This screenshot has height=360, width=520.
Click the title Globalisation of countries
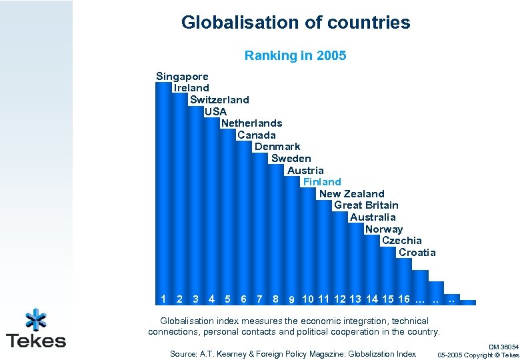tap(295, 23)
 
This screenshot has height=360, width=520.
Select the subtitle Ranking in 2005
tap(295, 55)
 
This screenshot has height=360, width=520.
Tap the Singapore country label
tap(182, 77)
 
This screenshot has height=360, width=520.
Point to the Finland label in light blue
tap(322, 181)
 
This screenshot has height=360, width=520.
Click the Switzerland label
tap(219, 100)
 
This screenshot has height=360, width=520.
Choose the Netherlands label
tap(251, 123)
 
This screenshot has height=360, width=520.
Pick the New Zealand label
tap(351, 194)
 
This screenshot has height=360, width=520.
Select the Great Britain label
tap(366, 205)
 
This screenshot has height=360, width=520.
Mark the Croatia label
tap(417, 253)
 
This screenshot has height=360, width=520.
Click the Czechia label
tap(401, 241)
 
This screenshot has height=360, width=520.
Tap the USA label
tap(215, 112)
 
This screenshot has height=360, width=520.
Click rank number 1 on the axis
tap(163, 298)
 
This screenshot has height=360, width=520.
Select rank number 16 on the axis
tap(403, 298)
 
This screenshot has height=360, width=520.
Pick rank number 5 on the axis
tap(227, 298)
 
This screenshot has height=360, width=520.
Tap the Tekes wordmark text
tap(36, 341)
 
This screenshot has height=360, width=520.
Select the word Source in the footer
tap(183, 354)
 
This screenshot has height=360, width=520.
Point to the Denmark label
tap(277, 147)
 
